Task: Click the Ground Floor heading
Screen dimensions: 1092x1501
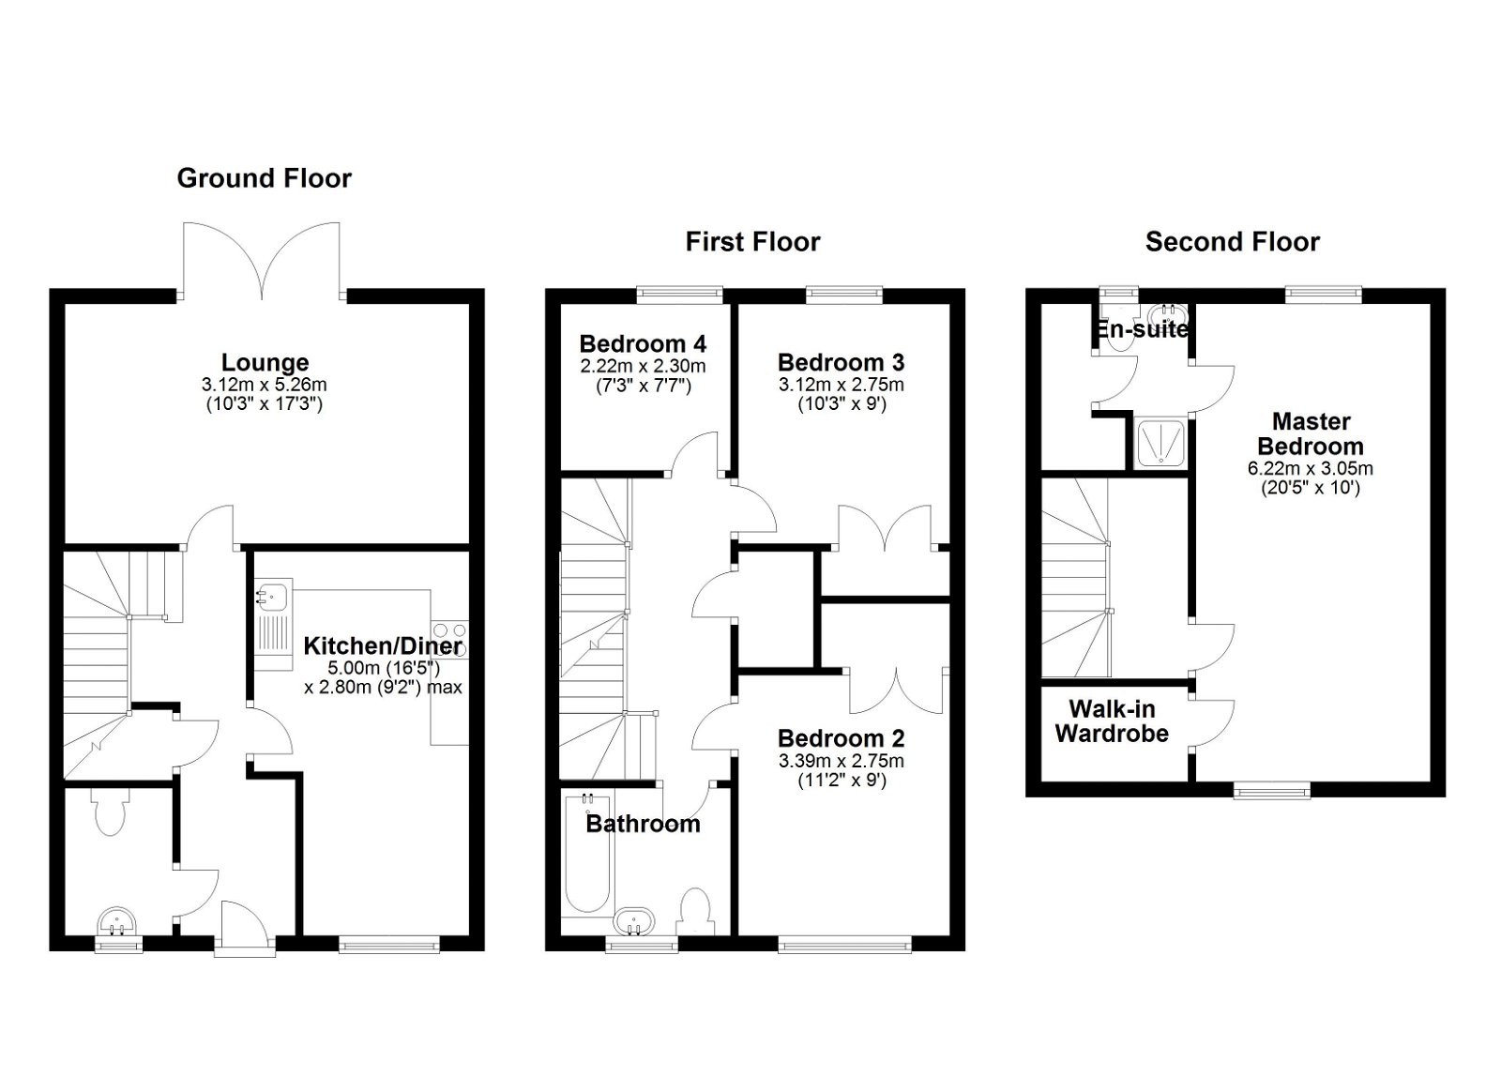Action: (x=264, y=178)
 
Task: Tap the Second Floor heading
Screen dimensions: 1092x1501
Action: (x=1232, y=242)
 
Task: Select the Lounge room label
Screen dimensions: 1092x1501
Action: (x=265, y=362)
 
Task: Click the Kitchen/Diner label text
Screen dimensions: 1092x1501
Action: (x=382, y=645)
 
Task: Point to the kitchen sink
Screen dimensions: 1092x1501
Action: (x=274, y=597)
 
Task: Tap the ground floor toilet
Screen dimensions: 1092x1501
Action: (x=111, y=812)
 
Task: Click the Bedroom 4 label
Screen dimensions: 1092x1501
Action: (x=643, y=343)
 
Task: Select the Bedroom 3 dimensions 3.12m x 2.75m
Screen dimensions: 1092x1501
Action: (x=841, y=385)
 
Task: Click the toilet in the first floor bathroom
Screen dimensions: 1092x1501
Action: (x=696, y=910)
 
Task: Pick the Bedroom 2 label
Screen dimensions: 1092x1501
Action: (x=841, y=738)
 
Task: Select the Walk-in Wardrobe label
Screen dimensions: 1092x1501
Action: (x=1112, y=721)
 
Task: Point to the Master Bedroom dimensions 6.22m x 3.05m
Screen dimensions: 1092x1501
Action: (x=1310, y=468)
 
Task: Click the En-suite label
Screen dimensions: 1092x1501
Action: (x=1139, y=329)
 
